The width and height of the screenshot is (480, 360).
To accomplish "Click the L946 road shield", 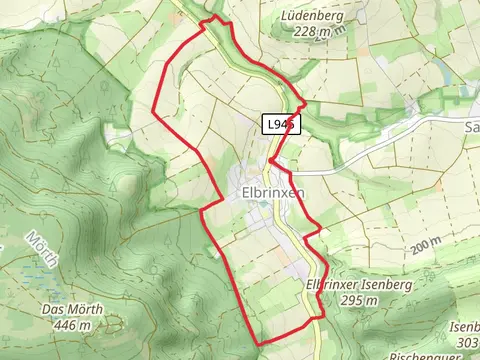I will pyautogui.click(x=281, y=124).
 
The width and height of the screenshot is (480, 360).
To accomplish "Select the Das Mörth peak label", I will pyautogui.click(x=68, y=309).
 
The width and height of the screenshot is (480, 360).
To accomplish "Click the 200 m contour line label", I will pyautogui.click(x=424, y=244).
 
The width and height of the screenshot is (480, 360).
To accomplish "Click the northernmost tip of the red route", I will pyautogui.click(x=210, y=19).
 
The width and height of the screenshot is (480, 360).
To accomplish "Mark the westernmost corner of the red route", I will pyautogui.click(x=152, y=109).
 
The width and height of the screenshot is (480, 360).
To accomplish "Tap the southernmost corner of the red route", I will pyautogui.click(x=262, y=344).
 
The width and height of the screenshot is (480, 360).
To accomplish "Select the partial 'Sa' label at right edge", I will pyautogui.click(x=471, y=128).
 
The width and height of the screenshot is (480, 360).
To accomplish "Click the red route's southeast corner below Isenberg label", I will pyautogui.click(x=322, y=318).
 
